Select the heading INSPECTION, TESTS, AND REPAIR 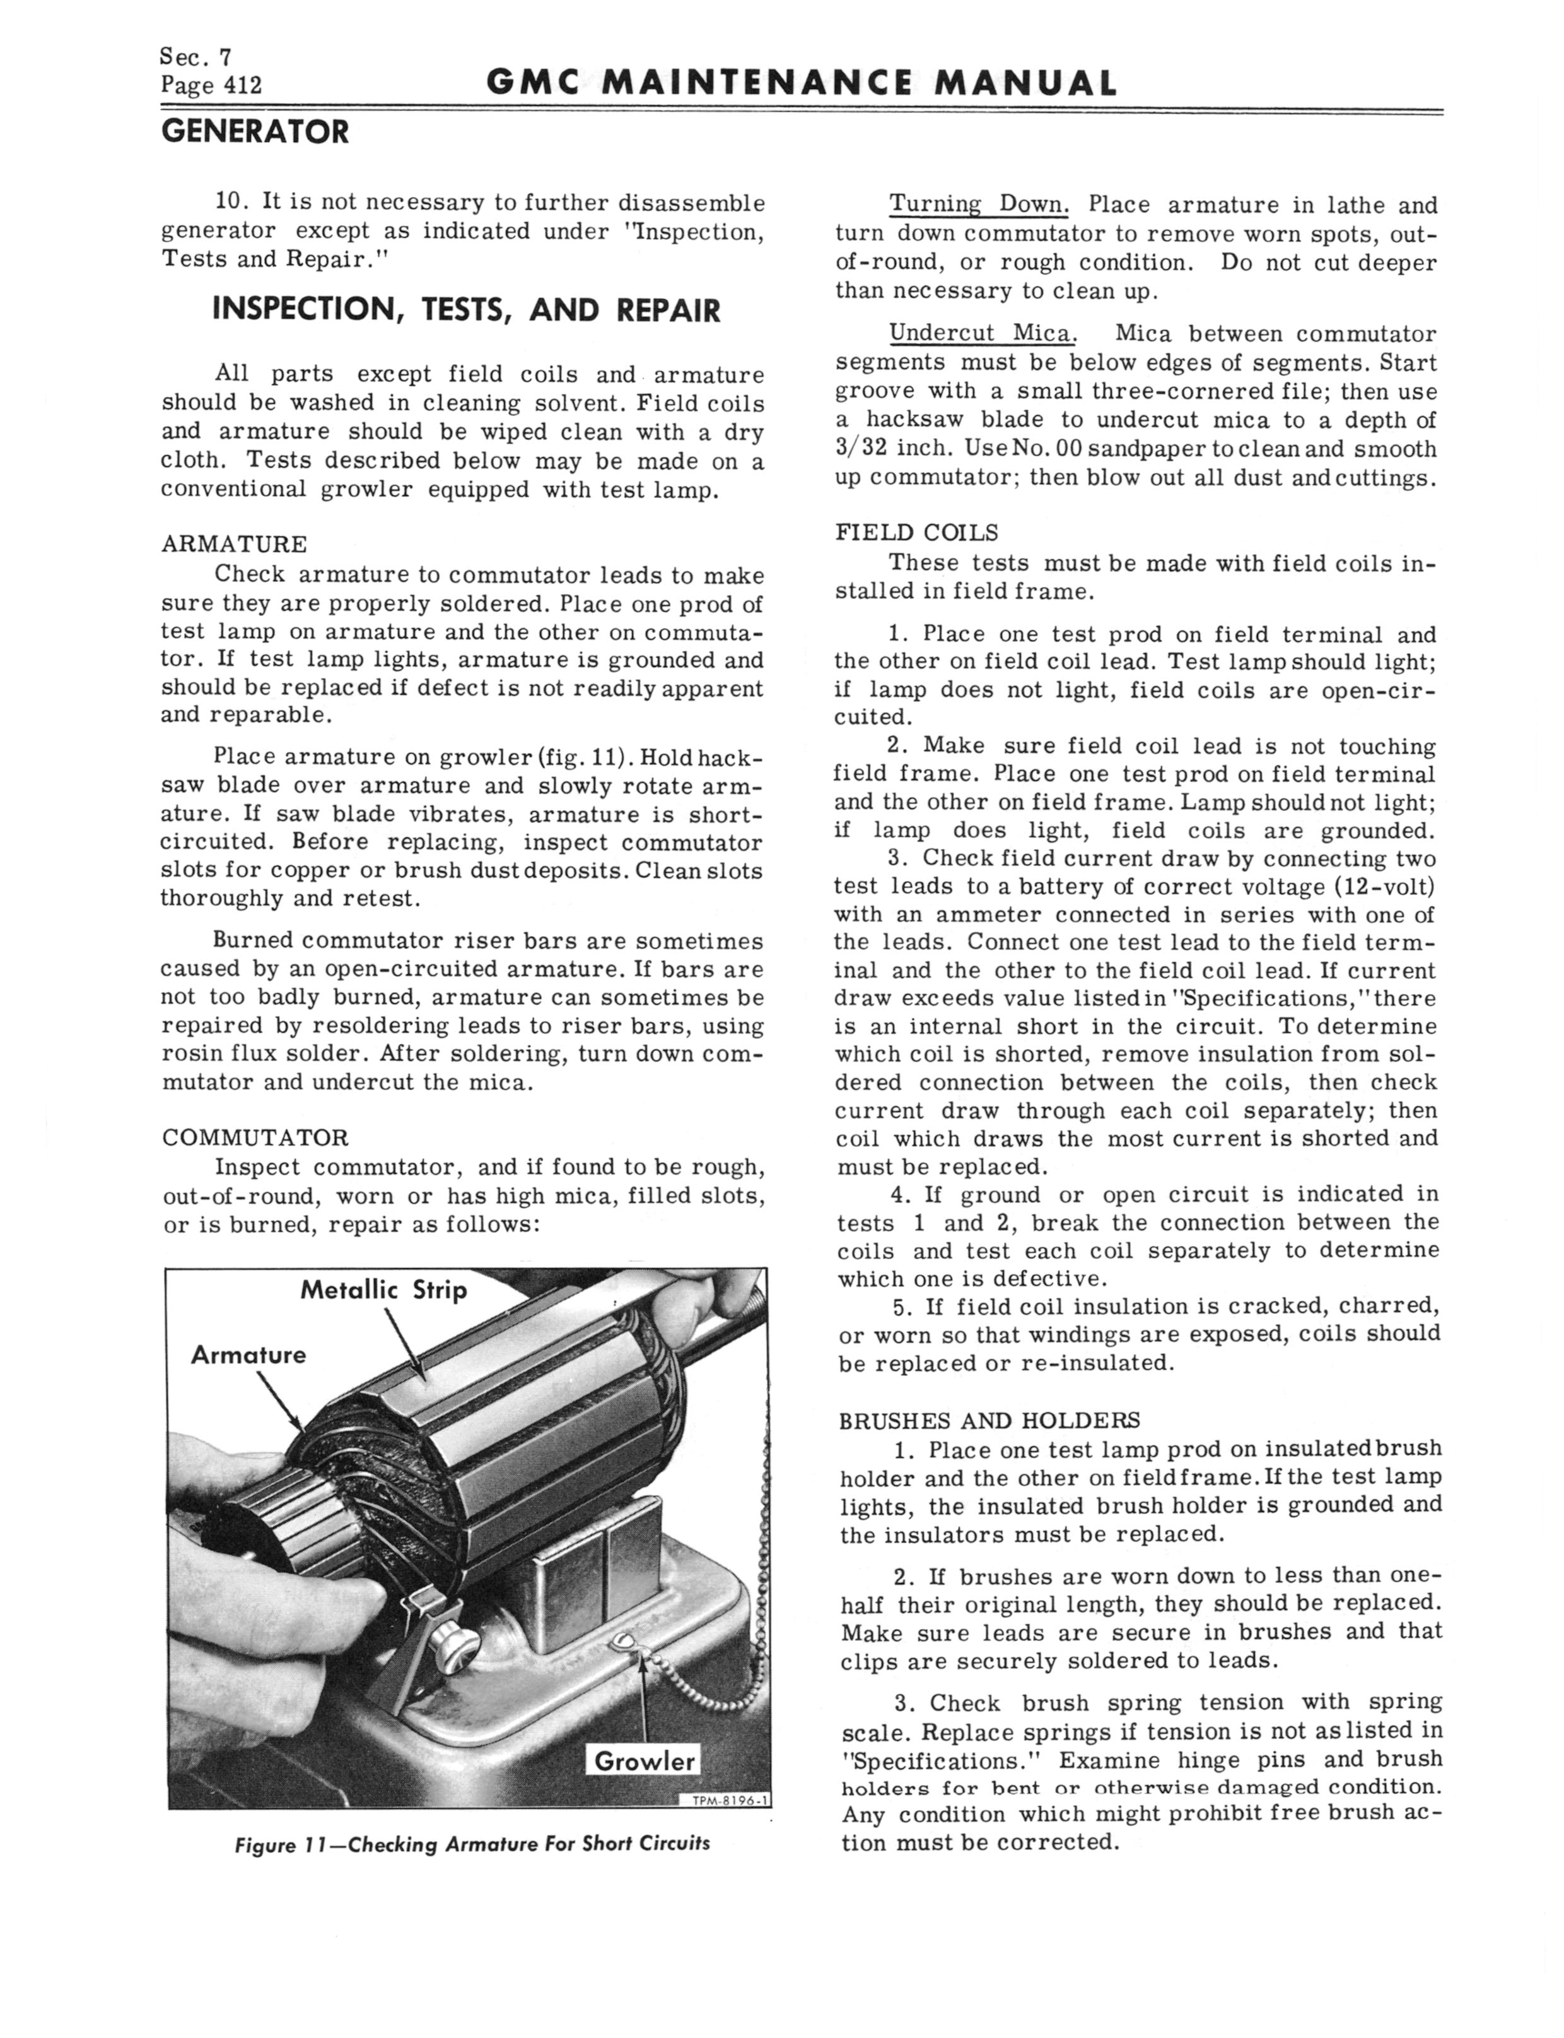click(467, 310)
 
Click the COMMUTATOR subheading click(255, 1137)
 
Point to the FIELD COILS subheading click(916, 533)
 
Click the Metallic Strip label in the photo click(383, 1290)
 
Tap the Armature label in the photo click(248, 1354)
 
